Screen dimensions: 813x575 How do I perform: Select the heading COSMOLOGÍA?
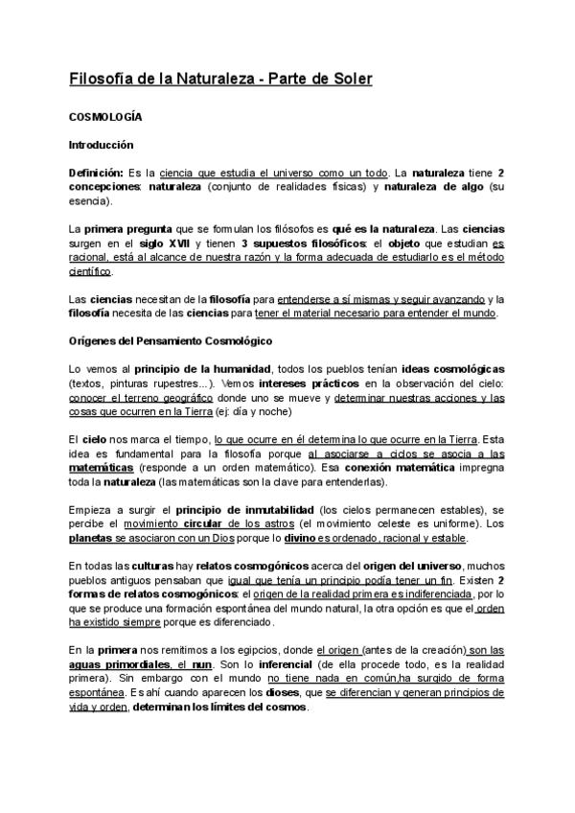(105, 116)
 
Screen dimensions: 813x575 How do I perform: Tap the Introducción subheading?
(101, 145)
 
